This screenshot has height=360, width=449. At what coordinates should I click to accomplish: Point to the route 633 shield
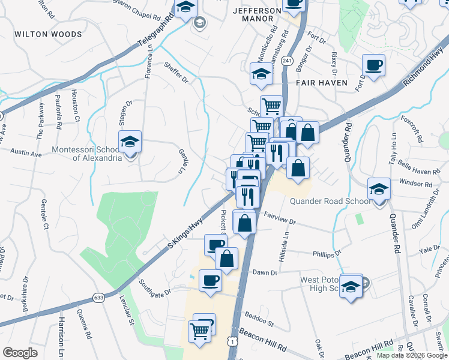point(98,298)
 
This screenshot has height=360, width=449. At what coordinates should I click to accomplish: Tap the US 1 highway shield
point(231,341)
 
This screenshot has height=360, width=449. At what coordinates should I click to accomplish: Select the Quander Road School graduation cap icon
point(379,189)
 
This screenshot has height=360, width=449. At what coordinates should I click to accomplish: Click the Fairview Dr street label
point(280,221)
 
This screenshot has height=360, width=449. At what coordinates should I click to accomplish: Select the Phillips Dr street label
point(327,254)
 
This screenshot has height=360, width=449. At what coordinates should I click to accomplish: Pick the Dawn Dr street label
point(265,272)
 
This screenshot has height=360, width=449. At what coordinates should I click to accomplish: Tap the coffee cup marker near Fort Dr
point(373,65)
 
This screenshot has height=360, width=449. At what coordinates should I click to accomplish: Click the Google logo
point(20,353)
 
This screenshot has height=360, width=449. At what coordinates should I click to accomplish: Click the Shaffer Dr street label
point(176,74)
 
